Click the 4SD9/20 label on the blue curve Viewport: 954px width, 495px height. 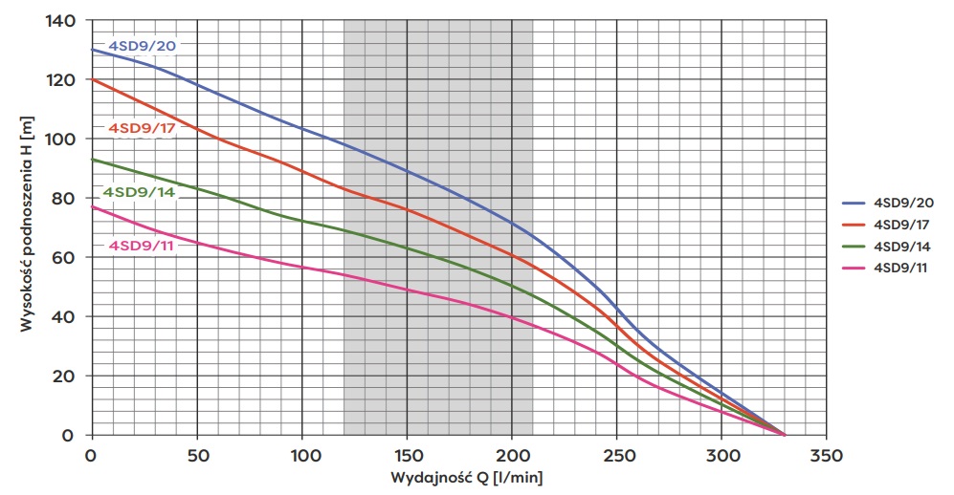tap(142, 44)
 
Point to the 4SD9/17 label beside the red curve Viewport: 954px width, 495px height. tap(141, 128)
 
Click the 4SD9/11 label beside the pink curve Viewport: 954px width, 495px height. tap(142, 246)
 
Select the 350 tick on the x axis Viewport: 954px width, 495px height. tap(827, 455)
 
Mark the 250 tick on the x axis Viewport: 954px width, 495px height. tap(617, 455)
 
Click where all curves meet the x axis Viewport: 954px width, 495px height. tap(786, 435)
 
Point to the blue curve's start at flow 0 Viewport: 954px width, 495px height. tap(92, 50)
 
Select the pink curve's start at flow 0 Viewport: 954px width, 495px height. tap(92, 206)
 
